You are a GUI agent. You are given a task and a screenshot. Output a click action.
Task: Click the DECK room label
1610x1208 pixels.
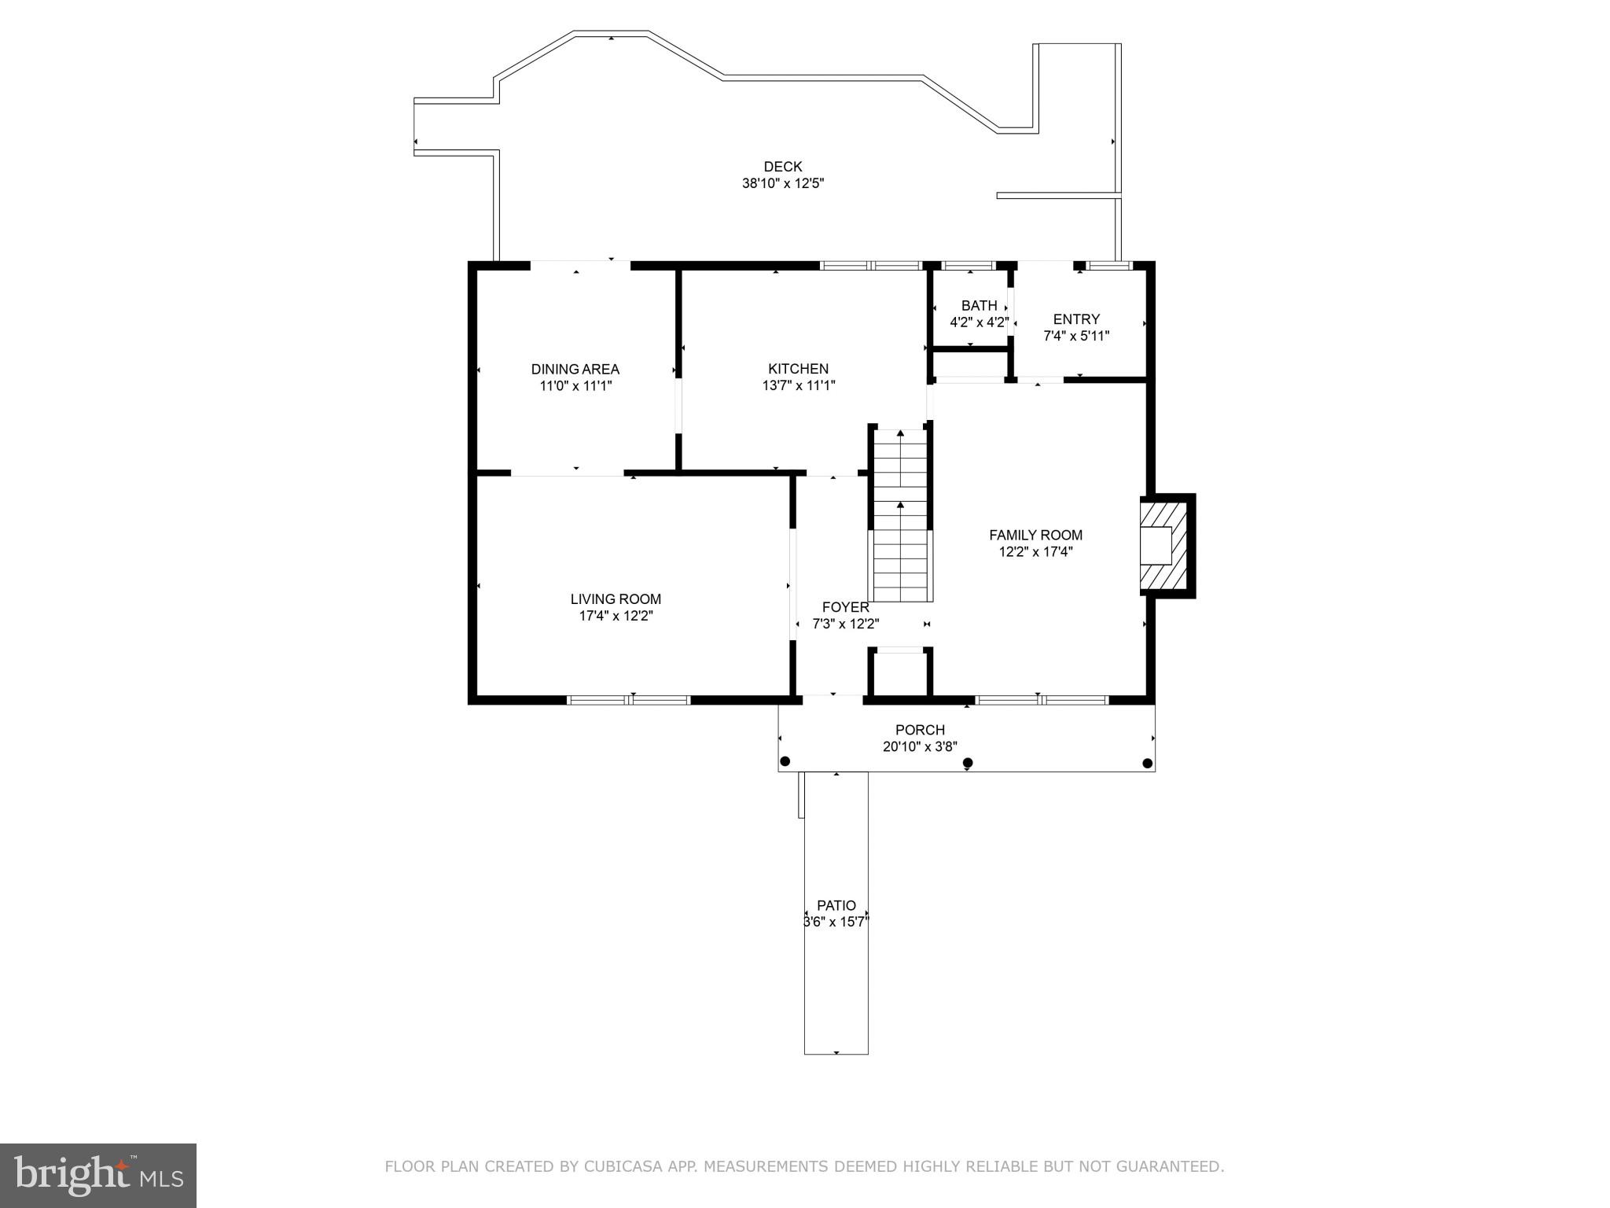tap(782, 167)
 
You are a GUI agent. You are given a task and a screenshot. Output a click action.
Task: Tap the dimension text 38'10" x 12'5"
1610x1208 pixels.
tap(782, 184)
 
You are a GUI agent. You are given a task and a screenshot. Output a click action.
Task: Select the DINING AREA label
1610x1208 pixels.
tap(575, 369)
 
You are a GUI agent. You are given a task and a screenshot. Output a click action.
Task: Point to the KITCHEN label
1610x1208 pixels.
tap(798, 369)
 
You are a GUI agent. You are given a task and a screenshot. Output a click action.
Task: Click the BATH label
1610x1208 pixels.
tap(979, 305)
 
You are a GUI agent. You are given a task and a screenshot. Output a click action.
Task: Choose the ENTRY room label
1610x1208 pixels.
tap(1076, 319)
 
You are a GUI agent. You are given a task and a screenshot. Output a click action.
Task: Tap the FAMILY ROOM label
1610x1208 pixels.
tap(1035, 535)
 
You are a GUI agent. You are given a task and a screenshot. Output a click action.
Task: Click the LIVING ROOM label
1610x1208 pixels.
tap(616, 599)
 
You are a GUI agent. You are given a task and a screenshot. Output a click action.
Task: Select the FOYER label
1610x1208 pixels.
tap(845, 607)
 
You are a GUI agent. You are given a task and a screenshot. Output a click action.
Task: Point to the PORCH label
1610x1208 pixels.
tap(920, 730)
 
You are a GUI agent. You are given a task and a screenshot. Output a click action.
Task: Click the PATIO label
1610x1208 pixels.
tap(836, 905)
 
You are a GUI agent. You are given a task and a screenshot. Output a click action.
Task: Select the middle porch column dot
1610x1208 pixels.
tap(968, 763)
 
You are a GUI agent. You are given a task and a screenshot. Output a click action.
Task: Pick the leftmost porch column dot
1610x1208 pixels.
tap(785, 761)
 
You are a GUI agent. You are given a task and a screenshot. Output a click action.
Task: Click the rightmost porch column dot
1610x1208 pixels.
tap(1147, 763)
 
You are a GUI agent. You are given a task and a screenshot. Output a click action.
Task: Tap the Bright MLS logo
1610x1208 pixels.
tap(98, 1175)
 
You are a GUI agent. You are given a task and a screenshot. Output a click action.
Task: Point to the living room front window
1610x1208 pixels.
tap(629, 699)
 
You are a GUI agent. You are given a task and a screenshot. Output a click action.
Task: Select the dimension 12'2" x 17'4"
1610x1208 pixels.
tap(1035, 552)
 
